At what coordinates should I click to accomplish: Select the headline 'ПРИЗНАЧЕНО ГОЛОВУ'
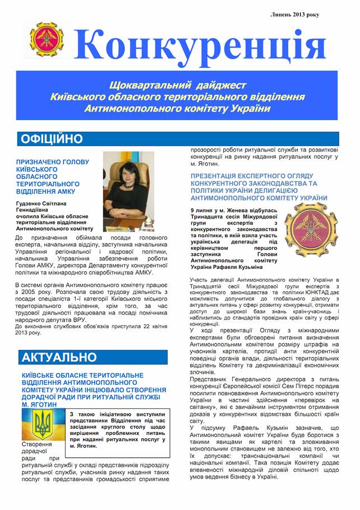pos(53,162)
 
